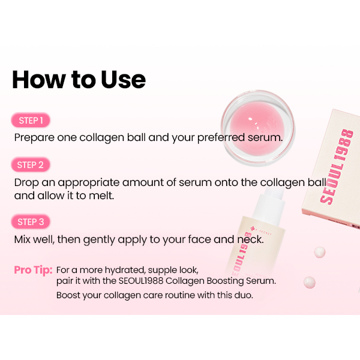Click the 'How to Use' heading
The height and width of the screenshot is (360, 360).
click(x=79, y=80)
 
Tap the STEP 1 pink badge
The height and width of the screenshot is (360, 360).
click(x=31, y=121)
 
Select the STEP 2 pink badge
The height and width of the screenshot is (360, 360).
click(x=31, y=165)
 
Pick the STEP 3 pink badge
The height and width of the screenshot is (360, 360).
click(x=31, y=222)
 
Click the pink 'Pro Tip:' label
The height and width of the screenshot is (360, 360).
click(x=33, y=270)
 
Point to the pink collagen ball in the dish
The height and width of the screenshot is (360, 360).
click(x=257, y=127)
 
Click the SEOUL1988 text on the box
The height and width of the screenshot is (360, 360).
click(x=337, y=167)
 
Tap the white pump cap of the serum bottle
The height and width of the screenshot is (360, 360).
click(x=271, y=205)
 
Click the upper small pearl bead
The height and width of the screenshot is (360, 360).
click(x=320, y=253)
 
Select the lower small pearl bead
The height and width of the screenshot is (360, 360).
click(x=309, y=282)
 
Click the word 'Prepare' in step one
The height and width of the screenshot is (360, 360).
click(x=34, y=138)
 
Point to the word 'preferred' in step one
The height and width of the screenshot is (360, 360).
click(x=221, y=138)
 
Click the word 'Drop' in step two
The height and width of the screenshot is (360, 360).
click(x=26, y=183)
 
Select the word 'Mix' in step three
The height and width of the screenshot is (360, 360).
click(x=22, y=239)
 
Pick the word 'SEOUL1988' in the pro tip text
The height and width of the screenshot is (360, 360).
click(x=141, y=281)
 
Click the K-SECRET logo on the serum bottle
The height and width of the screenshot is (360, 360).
click(x=261, y=231)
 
